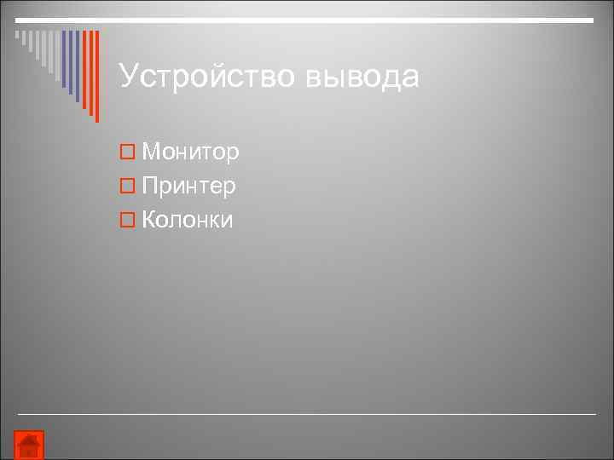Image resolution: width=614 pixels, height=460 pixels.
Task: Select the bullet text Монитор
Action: (x=190, y=152)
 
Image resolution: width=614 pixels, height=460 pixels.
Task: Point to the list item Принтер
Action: (x=188, y=186)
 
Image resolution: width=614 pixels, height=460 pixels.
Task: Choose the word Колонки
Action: (x=187, y=220)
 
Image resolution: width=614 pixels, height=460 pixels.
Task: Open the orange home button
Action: (x=30, y=445)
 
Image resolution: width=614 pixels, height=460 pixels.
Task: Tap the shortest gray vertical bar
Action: (x=17, y=36)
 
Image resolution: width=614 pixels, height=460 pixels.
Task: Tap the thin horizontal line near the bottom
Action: (x=307, y=414)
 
